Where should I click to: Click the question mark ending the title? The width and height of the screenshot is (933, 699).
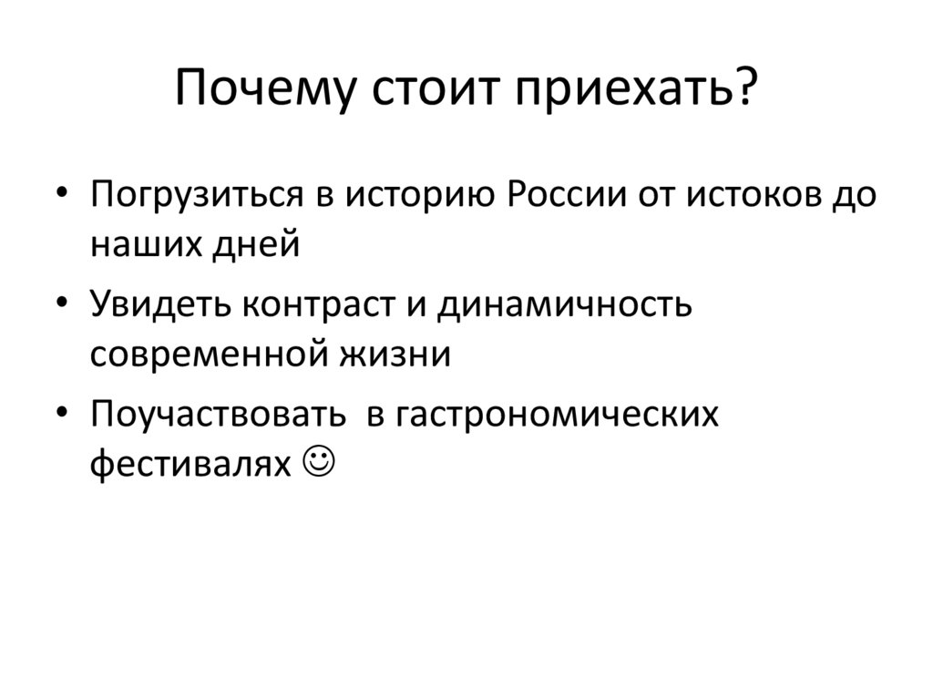coord(743,89)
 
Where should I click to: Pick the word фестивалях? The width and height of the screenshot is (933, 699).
coord(188,462)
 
